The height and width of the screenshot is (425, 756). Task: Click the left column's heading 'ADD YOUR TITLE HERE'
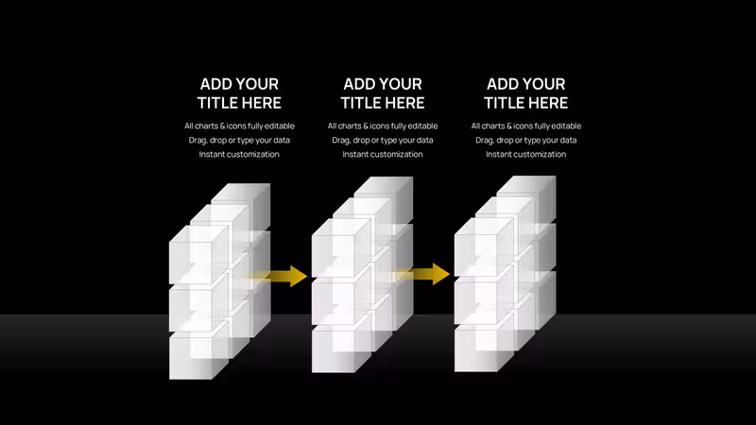point(239,93)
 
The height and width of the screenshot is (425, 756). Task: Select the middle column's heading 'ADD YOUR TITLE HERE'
point(383,93)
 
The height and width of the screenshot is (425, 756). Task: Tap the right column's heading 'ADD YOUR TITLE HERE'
point(526,93)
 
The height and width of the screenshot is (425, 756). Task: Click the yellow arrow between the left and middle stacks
point(276,276)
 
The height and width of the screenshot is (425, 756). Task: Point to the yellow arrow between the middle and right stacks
point(420,274)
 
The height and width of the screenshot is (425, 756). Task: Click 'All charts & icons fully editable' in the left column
point(239,126)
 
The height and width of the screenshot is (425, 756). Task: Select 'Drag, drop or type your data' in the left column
point(239,140)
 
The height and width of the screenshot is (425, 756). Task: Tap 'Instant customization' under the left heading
point(239,154)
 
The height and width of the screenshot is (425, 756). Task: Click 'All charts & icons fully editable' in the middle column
point(383,126)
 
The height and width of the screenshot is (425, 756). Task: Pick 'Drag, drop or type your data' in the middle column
point(383,140)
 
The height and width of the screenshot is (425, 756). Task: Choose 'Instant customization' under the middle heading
point(383,154)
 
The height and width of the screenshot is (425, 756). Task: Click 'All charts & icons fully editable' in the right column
point(526,126)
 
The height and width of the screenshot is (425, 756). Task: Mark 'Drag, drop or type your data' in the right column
point(526,140)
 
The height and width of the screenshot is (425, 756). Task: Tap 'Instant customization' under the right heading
point(526,154)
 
